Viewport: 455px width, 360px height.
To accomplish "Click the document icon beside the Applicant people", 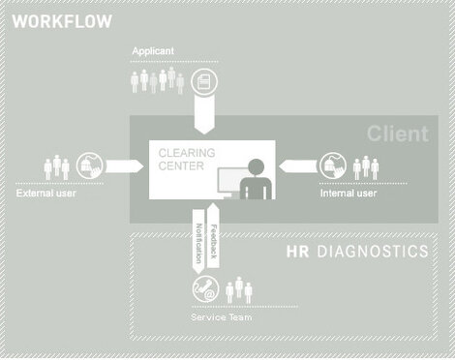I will tap(204, 78).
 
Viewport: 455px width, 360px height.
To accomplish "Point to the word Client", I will tap(397, 134).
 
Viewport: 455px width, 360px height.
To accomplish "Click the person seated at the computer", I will tap(254, 179).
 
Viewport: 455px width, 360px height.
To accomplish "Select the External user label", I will tap(45, 193).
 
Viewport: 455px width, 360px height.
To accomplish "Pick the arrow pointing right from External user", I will tap(121, 166).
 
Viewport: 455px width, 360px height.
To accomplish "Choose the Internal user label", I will tap(348, 193).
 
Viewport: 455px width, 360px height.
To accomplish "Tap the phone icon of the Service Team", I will tap(205, 288).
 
